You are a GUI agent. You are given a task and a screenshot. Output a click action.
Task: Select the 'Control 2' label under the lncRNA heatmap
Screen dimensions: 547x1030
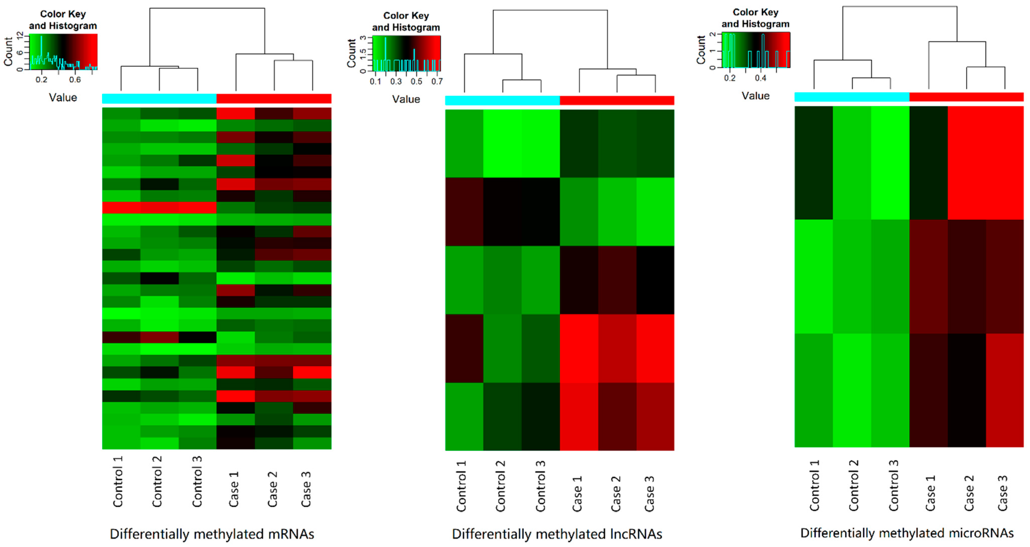click(501, 486)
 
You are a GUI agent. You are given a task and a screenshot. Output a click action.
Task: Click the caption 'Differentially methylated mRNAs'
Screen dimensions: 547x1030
click(212, 534)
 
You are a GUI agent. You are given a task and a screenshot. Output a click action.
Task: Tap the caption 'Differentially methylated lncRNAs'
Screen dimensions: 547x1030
click(557, 534)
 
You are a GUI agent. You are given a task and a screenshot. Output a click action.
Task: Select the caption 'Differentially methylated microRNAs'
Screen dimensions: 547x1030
click(907, 533)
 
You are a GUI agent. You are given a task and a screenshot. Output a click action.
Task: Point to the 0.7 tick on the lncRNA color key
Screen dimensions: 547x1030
click(437, 81)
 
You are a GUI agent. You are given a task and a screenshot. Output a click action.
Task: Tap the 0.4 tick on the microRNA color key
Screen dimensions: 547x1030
click(761, 78)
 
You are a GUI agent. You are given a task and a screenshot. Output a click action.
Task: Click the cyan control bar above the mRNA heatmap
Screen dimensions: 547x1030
click(159, 98)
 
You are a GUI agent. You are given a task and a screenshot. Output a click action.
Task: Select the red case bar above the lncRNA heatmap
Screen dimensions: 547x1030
click(617, 100)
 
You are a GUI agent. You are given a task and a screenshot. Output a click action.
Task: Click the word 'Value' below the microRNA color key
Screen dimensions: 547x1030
click(755, 96)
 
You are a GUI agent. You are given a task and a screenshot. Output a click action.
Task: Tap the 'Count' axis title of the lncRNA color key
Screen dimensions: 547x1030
click(351, 53)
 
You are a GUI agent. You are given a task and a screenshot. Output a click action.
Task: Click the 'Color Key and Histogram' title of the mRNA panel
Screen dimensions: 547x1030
click(63, 20)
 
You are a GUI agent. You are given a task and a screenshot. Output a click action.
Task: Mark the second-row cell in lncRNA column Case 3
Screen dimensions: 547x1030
click(655, 212)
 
